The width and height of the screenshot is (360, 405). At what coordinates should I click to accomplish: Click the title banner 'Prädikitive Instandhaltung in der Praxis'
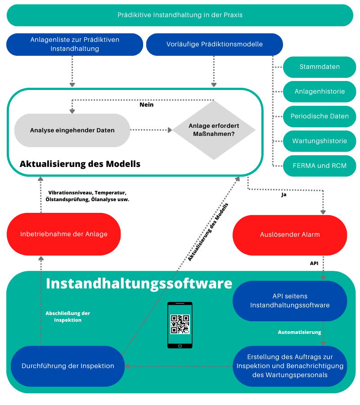click(x=180, y=15)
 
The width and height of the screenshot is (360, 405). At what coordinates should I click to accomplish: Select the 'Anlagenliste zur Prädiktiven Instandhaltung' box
click(x=75, y=44)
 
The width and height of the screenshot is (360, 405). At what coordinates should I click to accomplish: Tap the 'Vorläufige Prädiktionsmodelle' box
click(x=214, y=44)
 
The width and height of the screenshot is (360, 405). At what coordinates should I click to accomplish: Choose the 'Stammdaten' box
click(x=319, y=67)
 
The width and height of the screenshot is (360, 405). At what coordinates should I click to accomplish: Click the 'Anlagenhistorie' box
click(x=319, y=92)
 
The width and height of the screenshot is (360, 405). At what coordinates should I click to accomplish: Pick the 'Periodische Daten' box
click(x=319, y=116)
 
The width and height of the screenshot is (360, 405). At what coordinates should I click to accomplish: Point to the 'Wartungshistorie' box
click(x=319, y=141)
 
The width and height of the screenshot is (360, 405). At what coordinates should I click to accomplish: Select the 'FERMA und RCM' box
click(x=319, y=166)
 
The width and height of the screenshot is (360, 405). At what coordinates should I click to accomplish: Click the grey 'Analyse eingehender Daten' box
click(x=72, y=130)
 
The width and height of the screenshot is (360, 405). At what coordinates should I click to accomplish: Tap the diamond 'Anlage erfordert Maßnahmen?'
click(x=214, y=130)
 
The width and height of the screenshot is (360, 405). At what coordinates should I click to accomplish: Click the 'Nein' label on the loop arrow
click(x=146, y=105)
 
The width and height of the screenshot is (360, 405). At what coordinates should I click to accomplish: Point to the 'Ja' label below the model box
click(x=283, y=195)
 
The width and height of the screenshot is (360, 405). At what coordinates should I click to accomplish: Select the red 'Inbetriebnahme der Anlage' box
click(x=64, y=234)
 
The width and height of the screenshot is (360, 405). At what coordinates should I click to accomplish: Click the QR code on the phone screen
click(x=180, y=324)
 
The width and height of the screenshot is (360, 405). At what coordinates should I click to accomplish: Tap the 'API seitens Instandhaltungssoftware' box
click(x=290, y=301)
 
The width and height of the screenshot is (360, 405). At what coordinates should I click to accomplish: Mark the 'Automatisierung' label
click(x=299, y=332)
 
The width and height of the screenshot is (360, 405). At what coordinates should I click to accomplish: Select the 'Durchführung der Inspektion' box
click(x=67, y=366)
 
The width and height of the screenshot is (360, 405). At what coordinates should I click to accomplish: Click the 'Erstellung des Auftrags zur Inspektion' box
click(x=290, y=366)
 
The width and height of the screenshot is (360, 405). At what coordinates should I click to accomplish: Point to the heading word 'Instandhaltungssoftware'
click(x=139, y=283)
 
